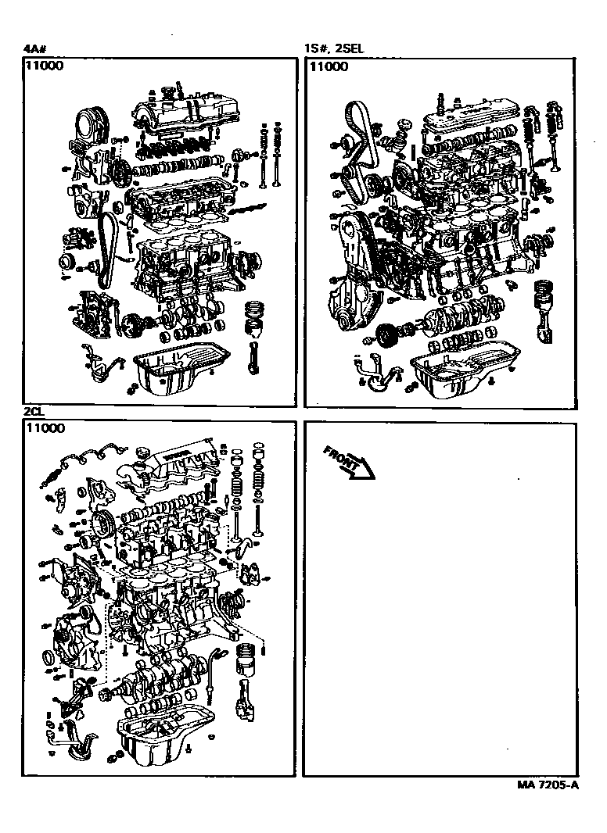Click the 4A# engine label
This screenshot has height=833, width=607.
tap(34, 48)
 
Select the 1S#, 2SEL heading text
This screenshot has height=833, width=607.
tap(334, 48)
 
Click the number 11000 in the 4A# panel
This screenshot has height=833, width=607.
tap(45, 66)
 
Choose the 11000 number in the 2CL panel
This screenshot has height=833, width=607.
tap(45, 428)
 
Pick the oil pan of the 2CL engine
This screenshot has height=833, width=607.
tap(164, 735)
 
